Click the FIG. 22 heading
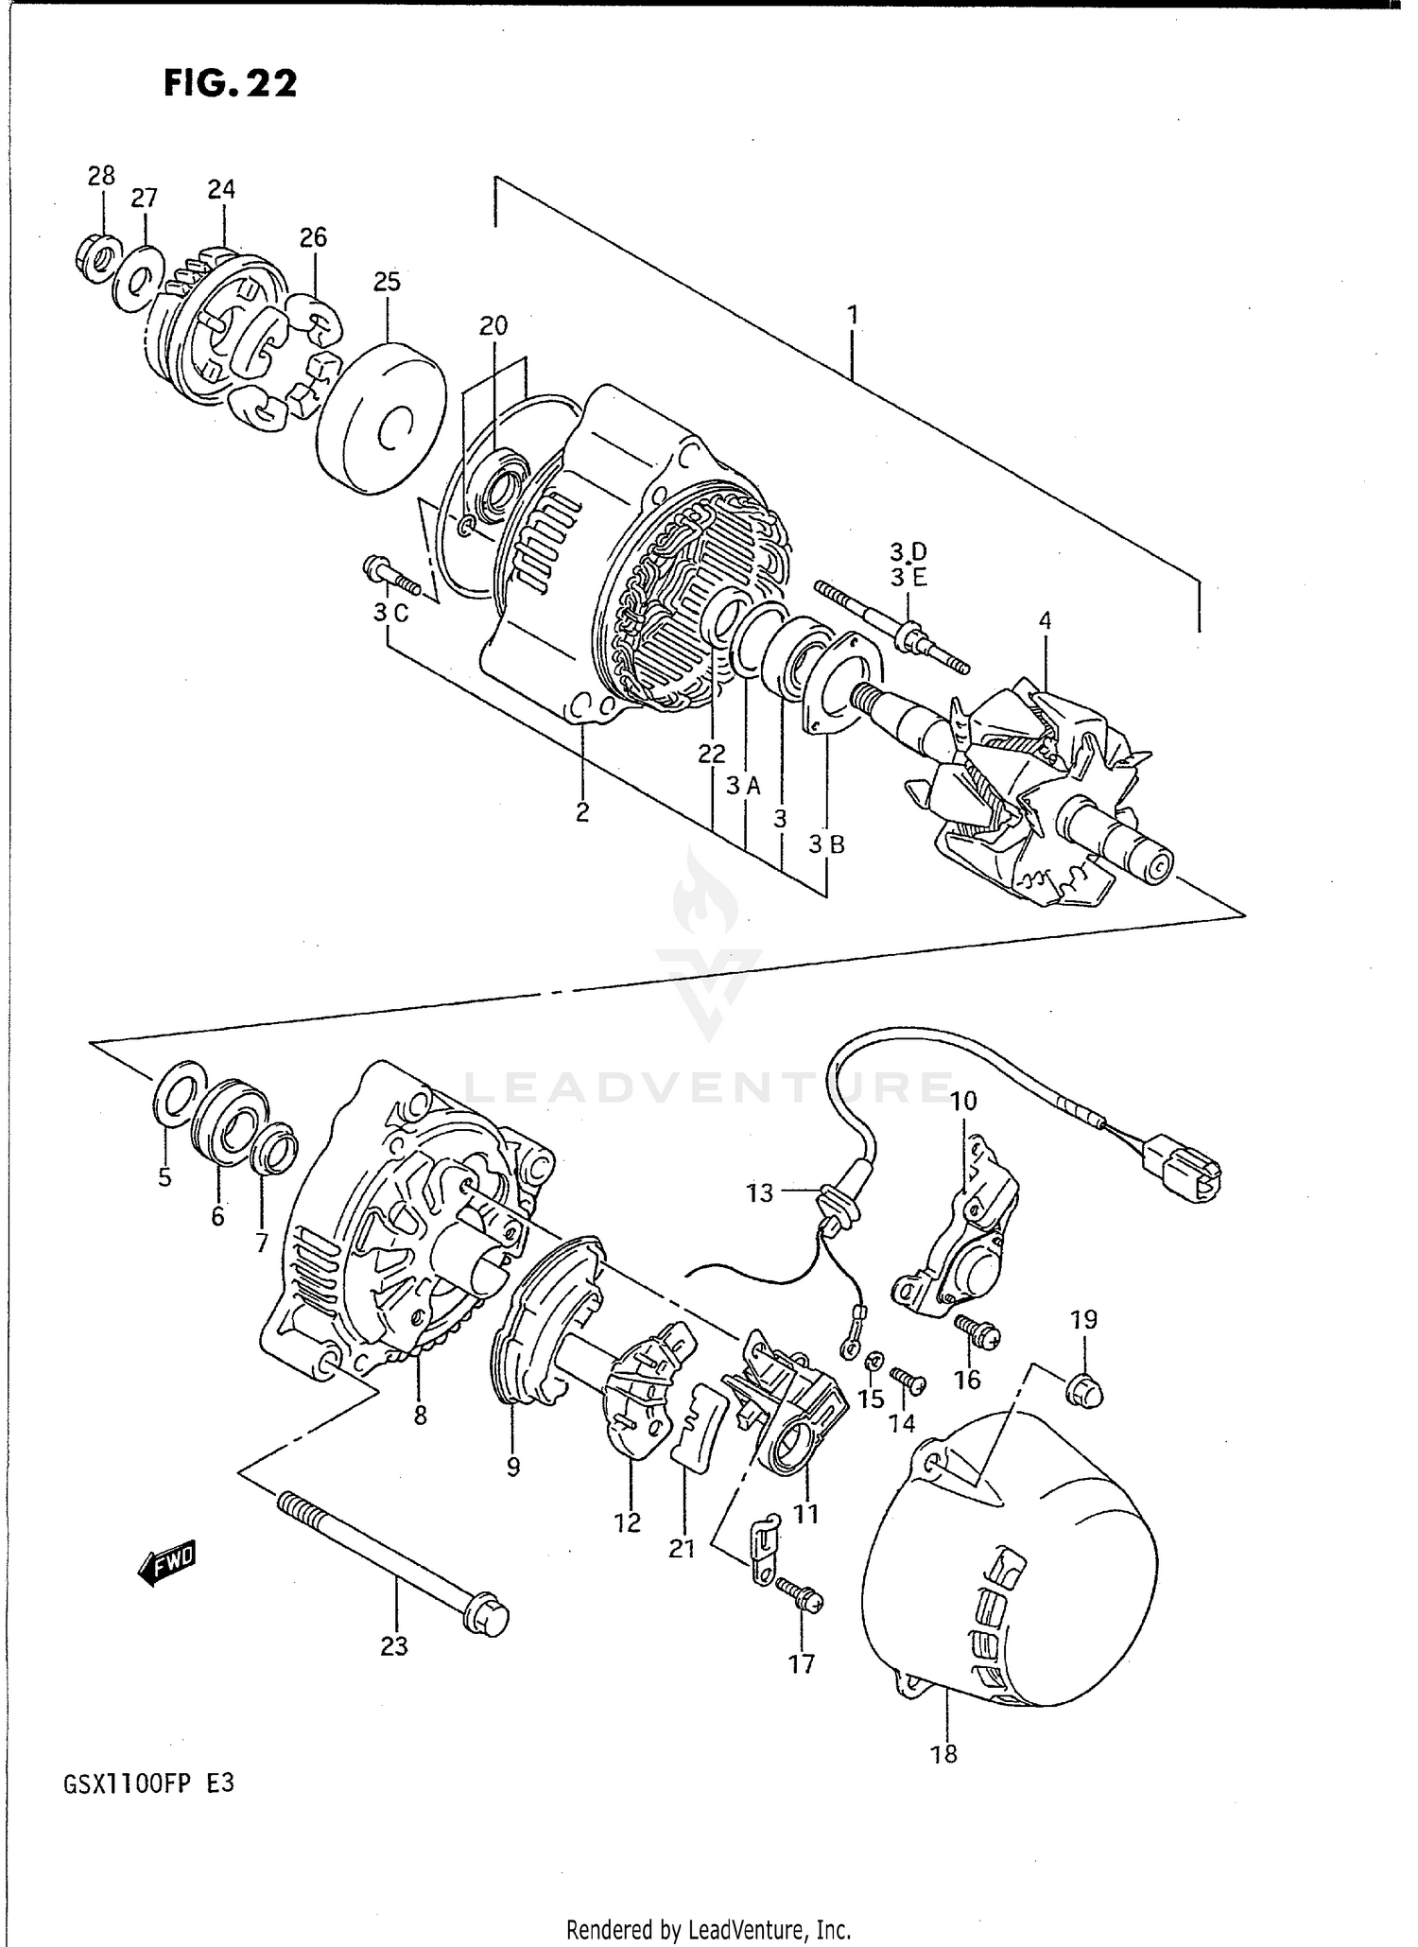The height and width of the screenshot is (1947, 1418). (x=230, y=83)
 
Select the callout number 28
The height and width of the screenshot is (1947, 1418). (x=101, y=176)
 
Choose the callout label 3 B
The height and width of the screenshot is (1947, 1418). (x=826, y=845)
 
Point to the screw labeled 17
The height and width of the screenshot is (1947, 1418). (x=800, y=1597)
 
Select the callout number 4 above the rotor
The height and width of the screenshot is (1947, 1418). (x=1045, y=620)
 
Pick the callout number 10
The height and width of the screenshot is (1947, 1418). (x=963, y=1101)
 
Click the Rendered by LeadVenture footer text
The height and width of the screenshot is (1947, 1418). (x=709, y=1928)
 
